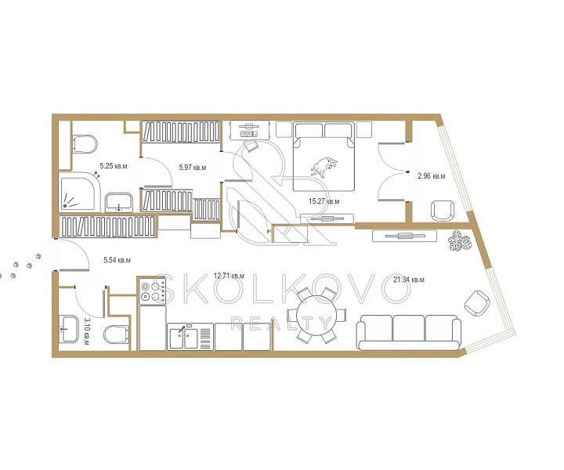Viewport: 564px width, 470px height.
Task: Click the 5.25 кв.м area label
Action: (x=114, y=166)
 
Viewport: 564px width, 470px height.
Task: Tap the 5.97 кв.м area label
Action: (x=193, y=167)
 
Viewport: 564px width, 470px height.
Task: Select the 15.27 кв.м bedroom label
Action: (x=324, y=201)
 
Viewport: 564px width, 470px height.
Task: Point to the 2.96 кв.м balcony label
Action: (x=432, y=176)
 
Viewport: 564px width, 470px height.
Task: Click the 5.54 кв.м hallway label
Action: (x=117, y=260)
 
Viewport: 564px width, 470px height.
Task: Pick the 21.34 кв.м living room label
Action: (x=409, y=280)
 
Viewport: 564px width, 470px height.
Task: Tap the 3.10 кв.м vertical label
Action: (x=87, y=331)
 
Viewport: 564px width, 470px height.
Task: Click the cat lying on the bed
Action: (x=324, y=167)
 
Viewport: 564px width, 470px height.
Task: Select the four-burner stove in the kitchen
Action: (x=153, y=291)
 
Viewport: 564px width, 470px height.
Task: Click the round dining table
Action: (x=316, y=316)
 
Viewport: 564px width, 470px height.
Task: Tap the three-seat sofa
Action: (x=409, y=332)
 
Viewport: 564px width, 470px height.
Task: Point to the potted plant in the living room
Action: (x=459, y=241)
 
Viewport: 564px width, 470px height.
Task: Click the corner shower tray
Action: (x=79, y=192)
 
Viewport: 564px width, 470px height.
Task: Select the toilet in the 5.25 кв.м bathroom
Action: (x=85, y=144)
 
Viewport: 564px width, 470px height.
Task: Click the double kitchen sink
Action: (x=183, y=338)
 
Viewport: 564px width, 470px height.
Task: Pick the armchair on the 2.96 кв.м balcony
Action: (x=443, y=211)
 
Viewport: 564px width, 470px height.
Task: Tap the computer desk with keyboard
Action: (x=249, y=130)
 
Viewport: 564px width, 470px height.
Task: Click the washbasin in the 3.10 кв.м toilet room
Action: (x=68, y=329)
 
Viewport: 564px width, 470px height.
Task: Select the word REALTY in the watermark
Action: (x=281, y=324)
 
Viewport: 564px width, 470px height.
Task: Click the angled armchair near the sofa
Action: (x=477, y=303)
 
